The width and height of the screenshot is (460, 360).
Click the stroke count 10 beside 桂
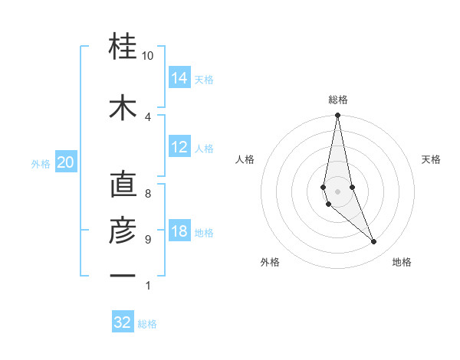tap(148, 56)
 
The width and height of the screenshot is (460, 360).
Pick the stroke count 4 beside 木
tap(148, 116)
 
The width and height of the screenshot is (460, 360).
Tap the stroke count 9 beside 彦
tap(148, 240)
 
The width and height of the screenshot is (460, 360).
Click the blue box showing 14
tap(179, 77)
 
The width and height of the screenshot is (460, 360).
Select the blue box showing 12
tap(179, 147)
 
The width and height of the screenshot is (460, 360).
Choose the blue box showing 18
tap(179, 232)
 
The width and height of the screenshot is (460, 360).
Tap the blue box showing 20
tap(65, 162)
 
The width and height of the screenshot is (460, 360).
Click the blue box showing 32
tap(123, 322)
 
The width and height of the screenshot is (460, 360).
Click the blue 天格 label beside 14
tap(204, 79)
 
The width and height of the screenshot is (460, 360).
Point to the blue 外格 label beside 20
tap(41, 164)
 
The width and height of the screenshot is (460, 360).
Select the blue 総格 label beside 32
tap(147, 324)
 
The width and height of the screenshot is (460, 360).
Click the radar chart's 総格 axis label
tap(338, 100)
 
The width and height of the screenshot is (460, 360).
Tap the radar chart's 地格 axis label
tap(402, 262)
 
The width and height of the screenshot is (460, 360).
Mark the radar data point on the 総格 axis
tap(337, 116)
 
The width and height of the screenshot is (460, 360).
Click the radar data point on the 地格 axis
tap(374, 242)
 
